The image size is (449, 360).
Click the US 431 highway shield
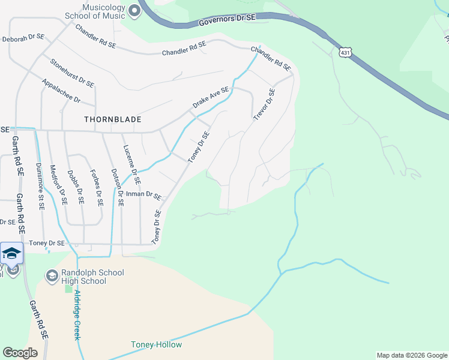(x=345, y=53)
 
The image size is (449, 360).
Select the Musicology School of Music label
(x=95, y=10)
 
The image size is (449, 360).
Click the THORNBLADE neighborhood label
(x=113, y=119)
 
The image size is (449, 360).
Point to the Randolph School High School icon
(x=52, y=275)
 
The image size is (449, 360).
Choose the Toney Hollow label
(x=156, y=345)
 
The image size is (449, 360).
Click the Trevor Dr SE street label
(x=264, y=104)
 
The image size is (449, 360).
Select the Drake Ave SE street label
(x=211, y=98)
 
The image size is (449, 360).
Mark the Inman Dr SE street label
(x=144, y=196)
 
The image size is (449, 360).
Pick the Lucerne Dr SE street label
(x=132, y=164)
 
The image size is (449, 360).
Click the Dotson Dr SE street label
(x=116, y=187)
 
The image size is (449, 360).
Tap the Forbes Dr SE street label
(x=97, y=187)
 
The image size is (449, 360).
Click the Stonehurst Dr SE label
(x=72, y=72)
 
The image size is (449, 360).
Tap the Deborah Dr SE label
(x=23, y=37)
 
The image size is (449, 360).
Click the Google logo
(x=20, y=353)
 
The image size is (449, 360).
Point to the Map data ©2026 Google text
(x=411, y=355)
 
